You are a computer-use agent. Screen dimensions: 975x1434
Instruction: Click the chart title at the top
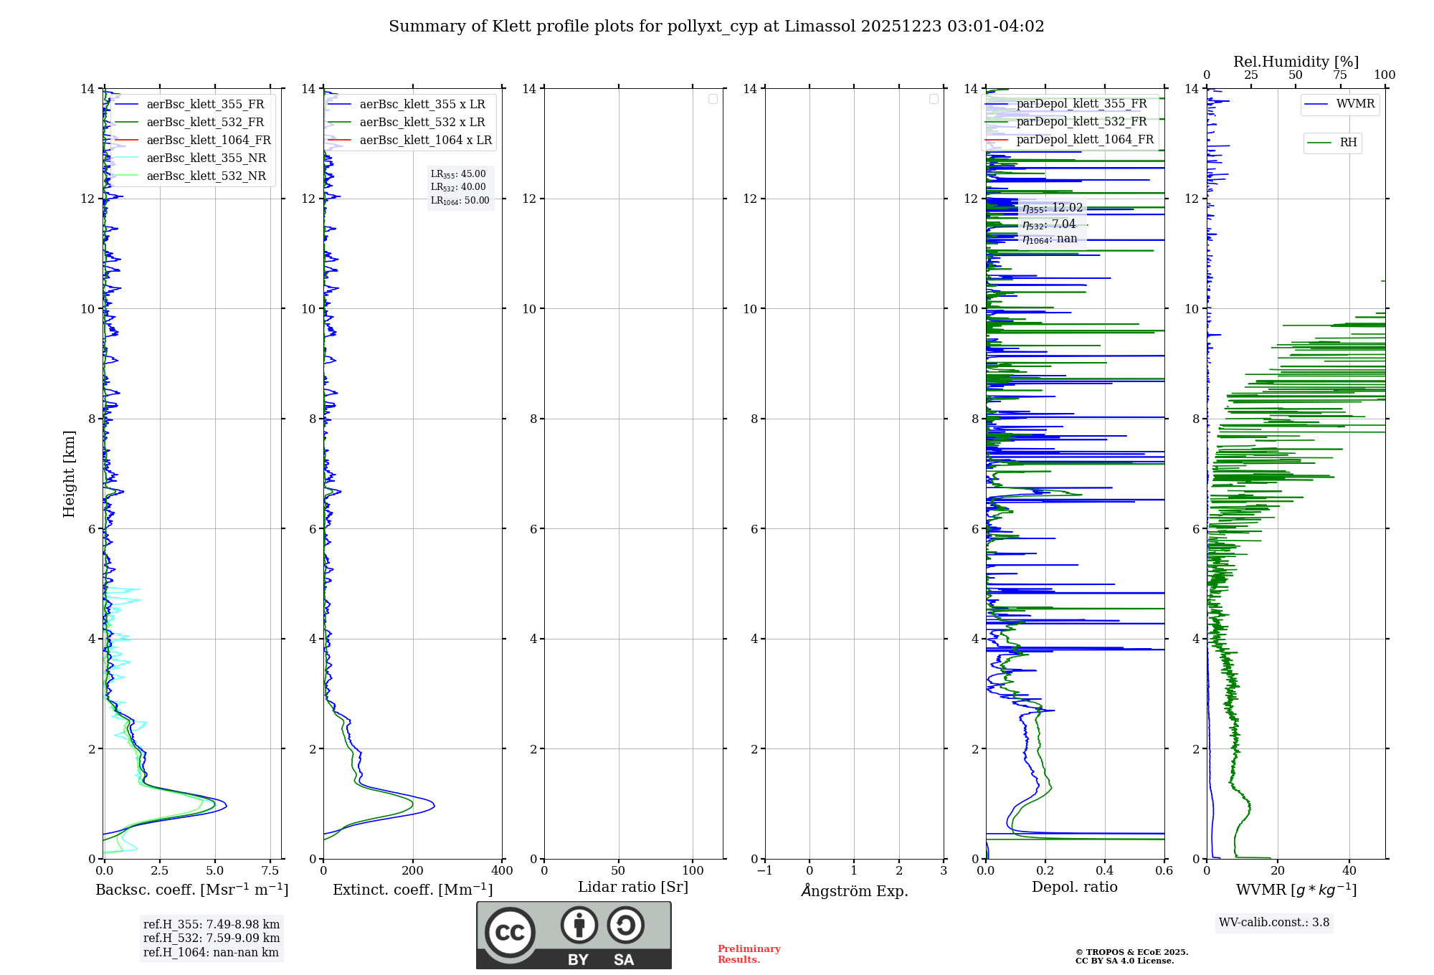(716, 27)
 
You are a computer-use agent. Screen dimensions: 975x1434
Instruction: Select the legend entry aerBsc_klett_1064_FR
(208, 140)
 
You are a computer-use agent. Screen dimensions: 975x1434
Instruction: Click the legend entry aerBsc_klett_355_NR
(206, 158)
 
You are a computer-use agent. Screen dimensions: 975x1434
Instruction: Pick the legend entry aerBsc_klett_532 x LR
(422, 122)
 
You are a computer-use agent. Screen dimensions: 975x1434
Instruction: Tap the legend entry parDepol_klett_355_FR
(1081, 104)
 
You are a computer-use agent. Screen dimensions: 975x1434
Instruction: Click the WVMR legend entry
(1354, 104)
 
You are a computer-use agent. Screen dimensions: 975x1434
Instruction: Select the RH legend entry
(1347, 143)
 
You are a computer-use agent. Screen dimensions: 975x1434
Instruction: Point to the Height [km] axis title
(69, 474)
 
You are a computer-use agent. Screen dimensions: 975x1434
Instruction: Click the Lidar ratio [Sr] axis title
(633, 888)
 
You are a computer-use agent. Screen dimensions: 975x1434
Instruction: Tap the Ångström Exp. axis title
(855, 891)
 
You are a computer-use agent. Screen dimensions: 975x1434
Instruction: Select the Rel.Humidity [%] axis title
(1296, 62)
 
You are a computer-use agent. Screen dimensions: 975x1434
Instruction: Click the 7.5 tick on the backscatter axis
(270, 871)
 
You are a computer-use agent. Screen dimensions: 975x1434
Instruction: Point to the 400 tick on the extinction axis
(502, 871)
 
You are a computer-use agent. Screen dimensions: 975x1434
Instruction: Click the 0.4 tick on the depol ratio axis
(1105, 871)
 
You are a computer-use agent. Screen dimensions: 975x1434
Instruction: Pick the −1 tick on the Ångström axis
(765, 871)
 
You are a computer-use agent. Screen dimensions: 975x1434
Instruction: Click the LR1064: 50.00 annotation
(460, 201)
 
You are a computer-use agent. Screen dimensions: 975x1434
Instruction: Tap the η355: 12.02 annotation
(1053, 208)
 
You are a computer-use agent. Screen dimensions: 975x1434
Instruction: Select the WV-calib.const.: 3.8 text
(1274, 923)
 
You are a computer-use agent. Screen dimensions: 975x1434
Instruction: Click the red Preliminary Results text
(749, 954)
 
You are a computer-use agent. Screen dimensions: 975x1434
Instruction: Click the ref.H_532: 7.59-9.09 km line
(212, 938)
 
